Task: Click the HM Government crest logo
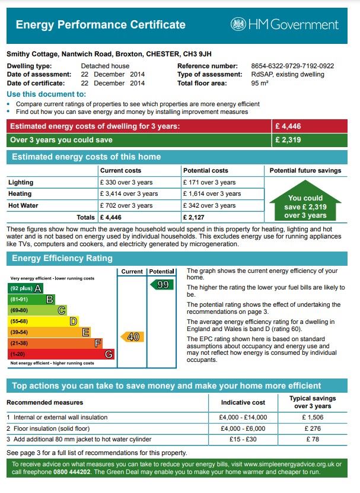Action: pyautogui.click(x=238, y=24)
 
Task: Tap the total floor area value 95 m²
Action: pyautogui.click(x=260, y=84)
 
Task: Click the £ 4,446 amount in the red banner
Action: pyautogui.click(x=289, y=126)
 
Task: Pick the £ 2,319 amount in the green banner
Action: pyautogui.click(x=289, y=140)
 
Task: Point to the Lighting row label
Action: pyautogui.click(x=21, y=183)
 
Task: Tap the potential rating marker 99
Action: pyautogui.click(x=161, y=285)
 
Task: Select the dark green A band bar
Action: pyautogui.click(x=26, y=288)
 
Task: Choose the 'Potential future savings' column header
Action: pyautogui.click(x=305, y=171)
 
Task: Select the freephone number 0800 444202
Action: pyautogui.click(x=71, y=472)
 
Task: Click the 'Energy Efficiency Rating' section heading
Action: pyautogui.click(x=62, y=259)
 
